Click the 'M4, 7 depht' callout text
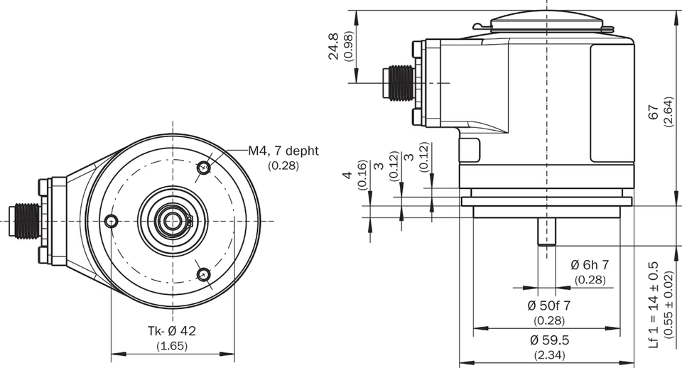(283, 151)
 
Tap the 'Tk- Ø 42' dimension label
(172, 331)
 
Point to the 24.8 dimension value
(334, 46)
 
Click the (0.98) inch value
(348, 46)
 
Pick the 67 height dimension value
(654, 112)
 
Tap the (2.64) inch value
(669, 112)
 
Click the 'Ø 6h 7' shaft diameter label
(590, 264)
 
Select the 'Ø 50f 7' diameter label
(549, 305)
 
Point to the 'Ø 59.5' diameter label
(549, 340)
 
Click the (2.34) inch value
(549, 355)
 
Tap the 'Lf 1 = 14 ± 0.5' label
(654, 305)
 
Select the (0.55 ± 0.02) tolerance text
(669, 305)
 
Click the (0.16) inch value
(362, 175)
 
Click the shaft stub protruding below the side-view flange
(547, 232)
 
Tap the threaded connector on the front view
(26, 221)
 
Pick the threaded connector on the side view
(398, 82)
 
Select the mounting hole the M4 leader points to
(203, 168)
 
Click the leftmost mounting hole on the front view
(112, 221)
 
